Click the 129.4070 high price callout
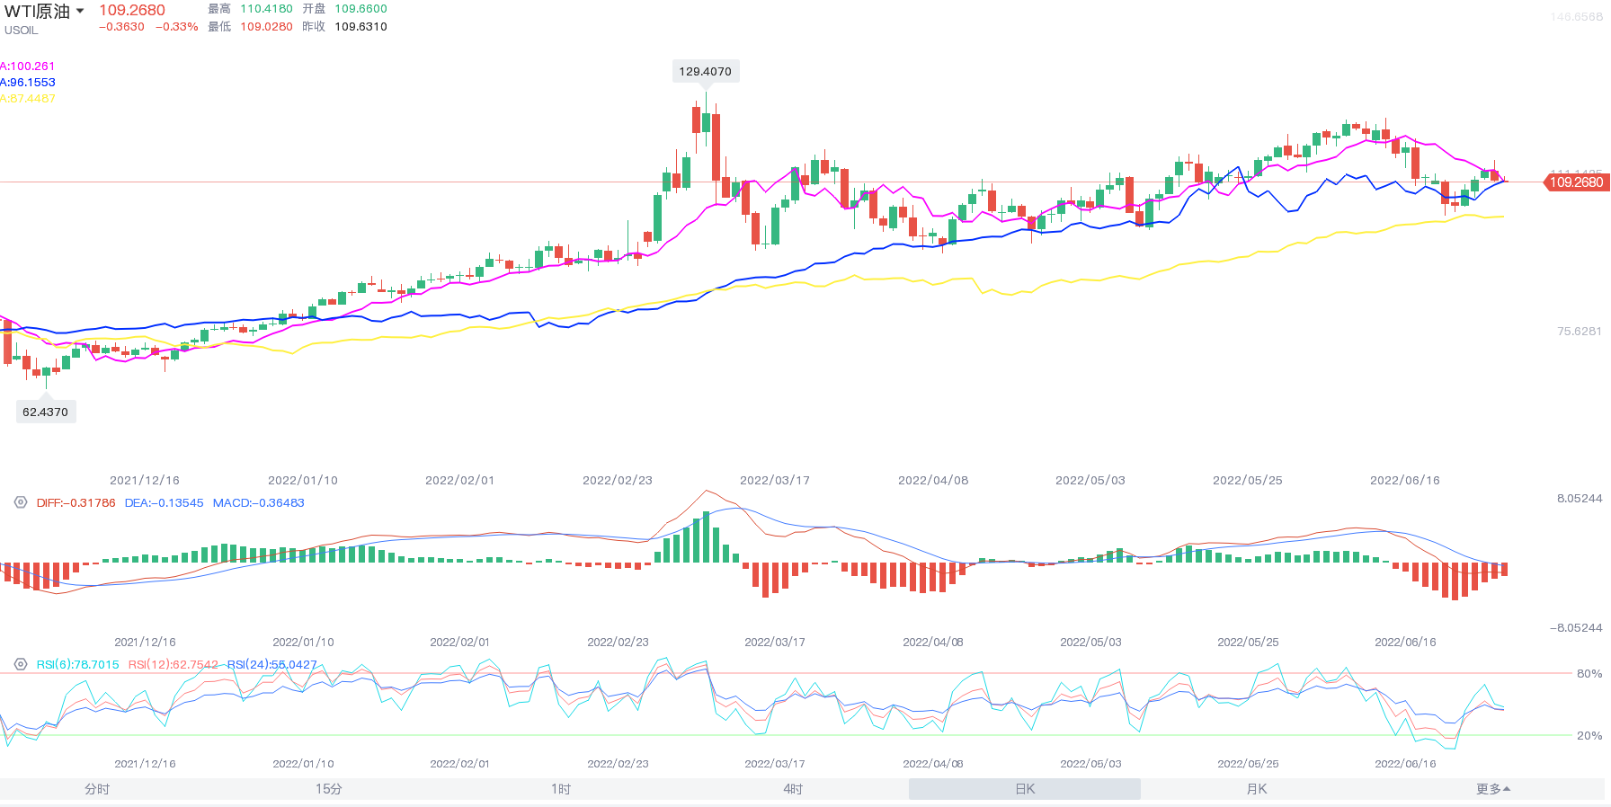[x=706, y=72]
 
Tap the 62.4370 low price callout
[x=46, y=412]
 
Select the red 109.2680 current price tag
[x=1575, y=182]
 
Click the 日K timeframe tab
[x=1025, y=789]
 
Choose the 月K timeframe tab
[x=1257, y=789]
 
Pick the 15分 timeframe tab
[x=328, y=789]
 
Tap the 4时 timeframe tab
[x=793, y=789]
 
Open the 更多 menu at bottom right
[x=1492, y=789]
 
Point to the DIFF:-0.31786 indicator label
[x=76, y=503]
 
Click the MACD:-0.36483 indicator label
[x=258, y=503]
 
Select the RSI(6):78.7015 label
[x=77, y=665]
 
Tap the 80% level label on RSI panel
[x=1589, y=673]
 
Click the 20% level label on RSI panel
[x=1589, y=735]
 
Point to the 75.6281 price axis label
[x=1579, y=332]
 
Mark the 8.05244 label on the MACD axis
[x=1579, y=499]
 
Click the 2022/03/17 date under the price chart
[x=775, y=481]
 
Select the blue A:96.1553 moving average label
[x=29, y=83]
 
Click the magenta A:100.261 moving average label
[x=29, y=67]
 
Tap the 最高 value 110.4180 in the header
[x=266, y=9]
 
